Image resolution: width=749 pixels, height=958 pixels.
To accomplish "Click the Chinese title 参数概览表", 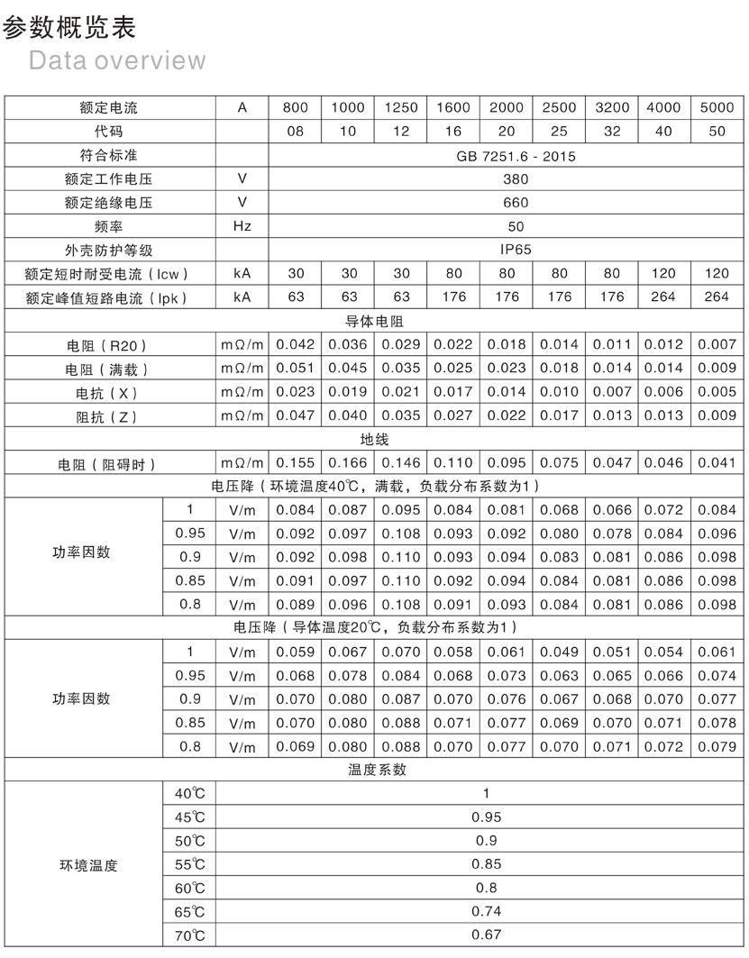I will (69, 28).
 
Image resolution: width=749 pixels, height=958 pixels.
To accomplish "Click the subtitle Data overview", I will (117, 60).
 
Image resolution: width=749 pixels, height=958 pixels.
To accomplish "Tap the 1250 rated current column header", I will (401, 107).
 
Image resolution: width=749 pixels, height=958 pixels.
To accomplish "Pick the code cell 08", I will (295, 131).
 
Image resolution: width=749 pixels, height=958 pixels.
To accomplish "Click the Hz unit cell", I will (242, 226).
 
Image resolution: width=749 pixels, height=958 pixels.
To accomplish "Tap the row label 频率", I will (108, 226).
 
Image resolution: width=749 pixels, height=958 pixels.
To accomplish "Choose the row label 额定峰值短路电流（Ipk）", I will (108, 297).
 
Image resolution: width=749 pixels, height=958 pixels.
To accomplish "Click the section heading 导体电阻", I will (374, 320).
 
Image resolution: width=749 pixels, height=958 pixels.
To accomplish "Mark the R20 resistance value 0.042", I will (295, 344).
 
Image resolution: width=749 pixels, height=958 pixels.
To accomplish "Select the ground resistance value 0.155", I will (295, 463).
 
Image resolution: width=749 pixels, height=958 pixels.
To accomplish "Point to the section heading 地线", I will (374, 439).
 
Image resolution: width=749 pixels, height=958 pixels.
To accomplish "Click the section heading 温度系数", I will (374, 769).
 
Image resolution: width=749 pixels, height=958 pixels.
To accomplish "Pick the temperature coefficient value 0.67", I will (486, 935).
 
